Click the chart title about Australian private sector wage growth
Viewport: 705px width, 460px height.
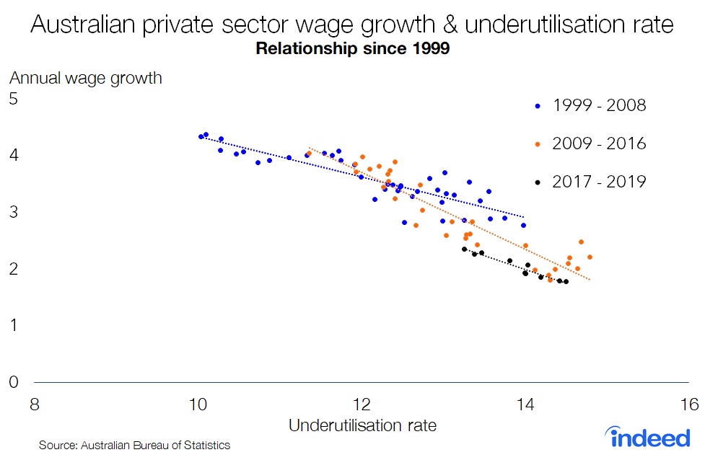352,25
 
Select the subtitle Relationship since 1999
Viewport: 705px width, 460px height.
352,50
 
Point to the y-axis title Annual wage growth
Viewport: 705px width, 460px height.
86,78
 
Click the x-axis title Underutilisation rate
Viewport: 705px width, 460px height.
362,425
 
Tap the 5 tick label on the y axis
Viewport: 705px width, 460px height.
12,99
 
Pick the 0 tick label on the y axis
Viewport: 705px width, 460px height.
12,382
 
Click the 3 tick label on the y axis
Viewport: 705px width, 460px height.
12,212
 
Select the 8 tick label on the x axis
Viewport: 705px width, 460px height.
34,403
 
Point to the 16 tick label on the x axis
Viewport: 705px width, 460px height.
688,403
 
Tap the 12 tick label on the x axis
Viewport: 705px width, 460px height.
361,403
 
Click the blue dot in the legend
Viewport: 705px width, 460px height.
537,106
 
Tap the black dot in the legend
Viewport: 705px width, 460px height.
537,182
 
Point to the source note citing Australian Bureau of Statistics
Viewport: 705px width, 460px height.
134,446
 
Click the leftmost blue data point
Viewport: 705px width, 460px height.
201,136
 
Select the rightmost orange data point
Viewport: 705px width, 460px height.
590,257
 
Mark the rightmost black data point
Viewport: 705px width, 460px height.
566,281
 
